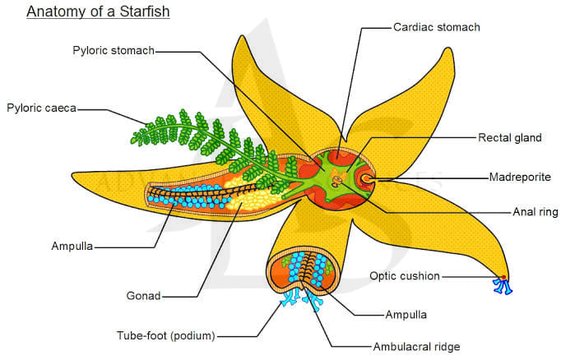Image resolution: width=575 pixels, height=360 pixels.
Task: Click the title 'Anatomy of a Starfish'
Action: coord(98,12)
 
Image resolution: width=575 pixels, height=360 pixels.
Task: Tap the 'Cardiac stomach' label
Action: coord(436,27)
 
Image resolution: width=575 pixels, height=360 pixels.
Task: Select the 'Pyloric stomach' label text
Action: coord(114,50)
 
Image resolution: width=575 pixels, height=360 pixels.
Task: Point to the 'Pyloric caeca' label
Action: coord(41,108)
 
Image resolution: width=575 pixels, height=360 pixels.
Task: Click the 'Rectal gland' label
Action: coord(510,138)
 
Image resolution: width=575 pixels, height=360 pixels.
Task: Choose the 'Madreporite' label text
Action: coord(520,178)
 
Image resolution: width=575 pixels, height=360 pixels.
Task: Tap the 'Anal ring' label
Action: coord(536,212)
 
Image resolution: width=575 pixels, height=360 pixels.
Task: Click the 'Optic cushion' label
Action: coord(405,276)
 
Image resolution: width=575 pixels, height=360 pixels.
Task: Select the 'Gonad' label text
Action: coord(143,296)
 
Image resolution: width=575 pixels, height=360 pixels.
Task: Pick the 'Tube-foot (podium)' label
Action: coord(165,335)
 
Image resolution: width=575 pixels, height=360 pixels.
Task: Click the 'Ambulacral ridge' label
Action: coord(416,347)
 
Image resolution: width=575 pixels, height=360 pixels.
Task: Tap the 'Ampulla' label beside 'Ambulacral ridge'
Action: coord(406,315)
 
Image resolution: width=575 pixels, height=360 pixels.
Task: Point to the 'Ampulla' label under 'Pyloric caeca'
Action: coord(72,246)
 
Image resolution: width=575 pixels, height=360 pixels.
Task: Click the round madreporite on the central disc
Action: coord(366,178)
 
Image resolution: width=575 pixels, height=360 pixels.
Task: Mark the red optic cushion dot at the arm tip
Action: coord(504,277)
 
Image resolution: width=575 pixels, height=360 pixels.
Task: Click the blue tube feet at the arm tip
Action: coord(503,286)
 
